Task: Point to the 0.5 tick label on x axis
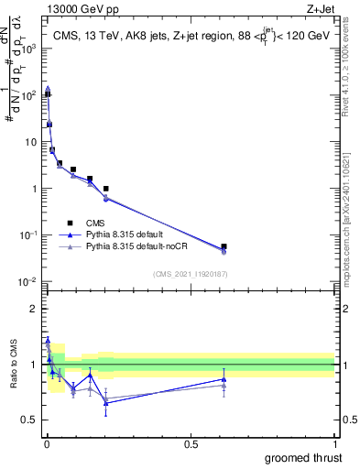191,443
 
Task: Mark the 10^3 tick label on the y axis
27,49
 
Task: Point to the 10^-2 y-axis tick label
27,282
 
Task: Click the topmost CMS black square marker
47,93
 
